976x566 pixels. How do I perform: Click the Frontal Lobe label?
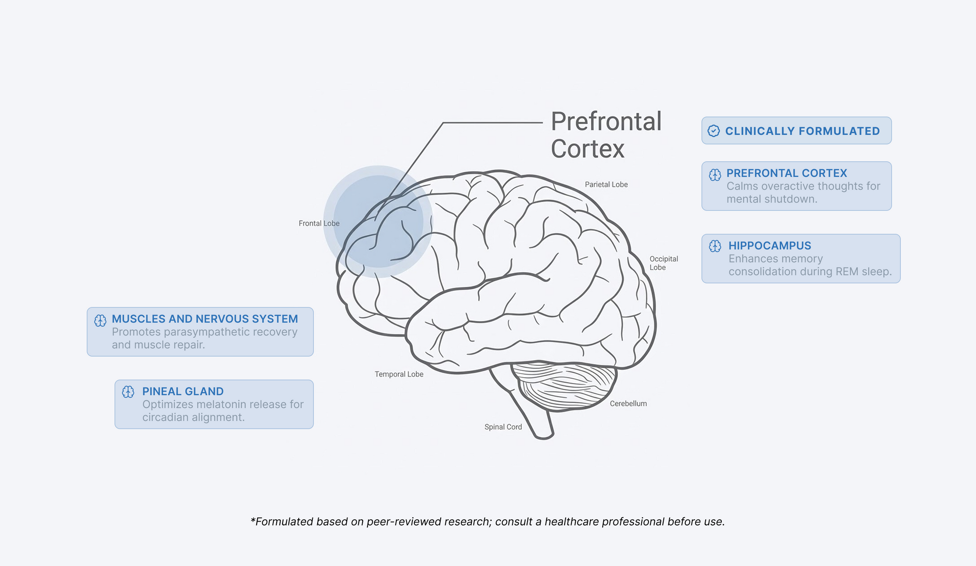(x=319, y=223)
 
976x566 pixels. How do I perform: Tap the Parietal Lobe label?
(x=606, y=184)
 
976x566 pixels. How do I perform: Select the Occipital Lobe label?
(x=663, y=263)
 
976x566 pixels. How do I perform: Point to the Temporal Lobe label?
(x=399, y=374)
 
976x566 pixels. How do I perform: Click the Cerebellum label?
(x=628, y=404)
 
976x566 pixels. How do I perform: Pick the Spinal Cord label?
(x=503, y=427)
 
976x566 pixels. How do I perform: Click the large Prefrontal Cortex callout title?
(x=606, y=135)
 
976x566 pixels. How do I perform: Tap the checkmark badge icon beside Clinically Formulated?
(x=713, y=131)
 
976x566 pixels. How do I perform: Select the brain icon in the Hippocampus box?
(x=715, y=246)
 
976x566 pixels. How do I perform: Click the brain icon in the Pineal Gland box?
(x=128, y=392)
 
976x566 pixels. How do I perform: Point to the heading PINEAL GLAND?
(x=183, y=391)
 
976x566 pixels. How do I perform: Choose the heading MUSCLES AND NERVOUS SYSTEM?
(x=205, y=319)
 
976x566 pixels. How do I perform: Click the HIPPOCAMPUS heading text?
(x=770, y=246)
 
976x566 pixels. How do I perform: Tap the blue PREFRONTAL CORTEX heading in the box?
(x=787, y=173)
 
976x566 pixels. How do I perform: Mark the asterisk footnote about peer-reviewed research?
(x=488, y=522)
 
